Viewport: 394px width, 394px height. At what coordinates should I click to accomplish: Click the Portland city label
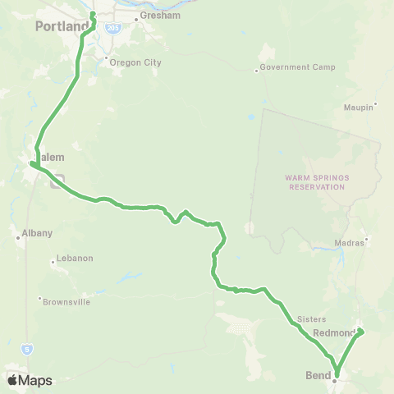(62, 26)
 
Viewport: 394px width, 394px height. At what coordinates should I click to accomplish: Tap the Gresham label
(153, 16)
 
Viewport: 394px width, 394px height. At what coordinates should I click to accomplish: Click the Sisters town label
(313, 318)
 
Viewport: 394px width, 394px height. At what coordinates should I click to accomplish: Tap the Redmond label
(332, 334)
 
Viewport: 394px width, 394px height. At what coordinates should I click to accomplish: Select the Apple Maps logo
(29, 380)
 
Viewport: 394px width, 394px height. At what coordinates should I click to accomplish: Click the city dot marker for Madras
(367, 242)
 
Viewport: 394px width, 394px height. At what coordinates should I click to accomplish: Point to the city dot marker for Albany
(18, 238)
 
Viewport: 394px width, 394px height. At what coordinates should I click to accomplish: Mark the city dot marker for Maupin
(376, 106)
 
